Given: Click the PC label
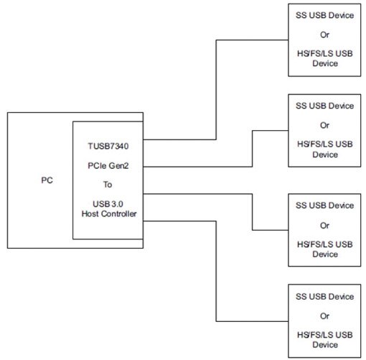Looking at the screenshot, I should (x=46, y=180).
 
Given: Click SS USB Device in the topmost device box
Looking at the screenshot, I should (x=324, y=16).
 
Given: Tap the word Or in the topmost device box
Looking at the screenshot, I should (x=324, y=34).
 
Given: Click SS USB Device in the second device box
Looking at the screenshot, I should (x=324, y=106).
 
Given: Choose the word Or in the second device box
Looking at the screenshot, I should (x=324, y=125).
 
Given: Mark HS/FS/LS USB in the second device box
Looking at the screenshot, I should (x=324, y=144).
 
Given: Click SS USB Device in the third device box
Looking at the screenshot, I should (x=324, y=206).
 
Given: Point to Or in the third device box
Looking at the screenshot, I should (x=324, y=225).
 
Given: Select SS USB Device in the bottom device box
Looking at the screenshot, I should (x=324, y=296).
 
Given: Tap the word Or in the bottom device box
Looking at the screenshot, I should (x=324, y=315).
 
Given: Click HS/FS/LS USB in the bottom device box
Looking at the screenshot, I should (x=324, y=334).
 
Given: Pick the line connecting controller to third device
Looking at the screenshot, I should (x=253, y=212).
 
